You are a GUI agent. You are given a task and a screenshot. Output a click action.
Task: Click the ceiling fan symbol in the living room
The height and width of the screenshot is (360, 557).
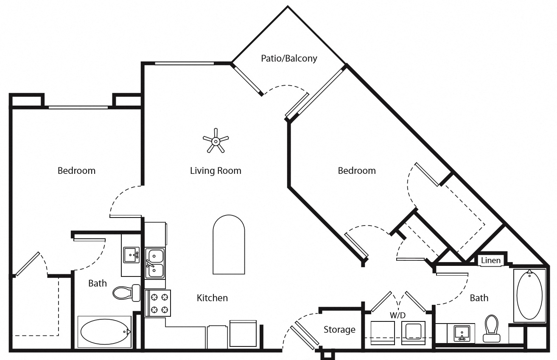[x=216, y=140]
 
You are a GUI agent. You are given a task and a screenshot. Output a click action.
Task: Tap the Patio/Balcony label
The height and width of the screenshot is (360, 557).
[x=288, y=58]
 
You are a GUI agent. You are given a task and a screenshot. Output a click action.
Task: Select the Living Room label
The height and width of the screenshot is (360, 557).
[x=216, y=171]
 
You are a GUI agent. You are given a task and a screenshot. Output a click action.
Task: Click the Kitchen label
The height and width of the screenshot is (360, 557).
[x=212, y=298]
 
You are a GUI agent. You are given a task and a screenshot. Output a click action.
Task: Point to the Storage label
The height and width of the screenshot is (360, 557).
[x=339, y=329]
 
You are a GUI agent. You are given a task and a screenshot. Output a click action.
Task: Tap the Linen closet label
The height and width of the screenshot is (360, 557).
[x=491, y=260]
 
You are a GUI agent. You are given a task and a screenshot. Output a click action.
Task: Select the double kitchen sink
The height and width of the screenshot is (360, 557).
[x=155, y=263]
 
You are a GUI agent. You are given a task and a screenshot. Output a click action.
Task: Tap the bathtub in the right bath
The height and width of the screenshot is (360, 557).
[x=529, y=295]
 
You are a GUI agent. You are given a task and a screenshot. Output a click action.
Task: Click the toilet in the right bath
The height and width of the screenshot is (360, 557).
[x=491, y=328]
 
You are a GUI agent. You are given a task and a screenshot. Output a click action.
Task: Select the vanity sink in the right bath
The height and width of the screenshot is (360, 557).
[x=461, y=332]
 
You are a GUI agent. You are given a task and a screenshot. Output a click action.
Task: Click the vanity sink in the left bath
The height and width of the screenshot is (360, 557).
[x=131, y=255]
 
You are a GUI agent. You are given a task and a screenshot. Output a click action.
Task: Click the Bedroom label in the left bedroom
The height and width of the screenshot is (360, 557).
[x=76, y=171]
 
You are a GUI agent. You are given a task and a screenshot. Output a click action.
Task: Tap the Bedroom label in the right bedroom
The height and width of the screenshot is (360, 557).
[x=356, y=171]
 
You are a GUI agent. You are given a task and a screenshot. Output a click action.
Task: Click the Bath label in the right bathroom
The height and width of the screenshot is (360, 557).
[x=479, y=298]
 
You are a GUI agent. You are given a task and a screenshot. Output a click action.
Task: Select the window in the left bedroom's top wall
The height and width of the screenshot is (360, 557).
[x=78, y=107]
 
